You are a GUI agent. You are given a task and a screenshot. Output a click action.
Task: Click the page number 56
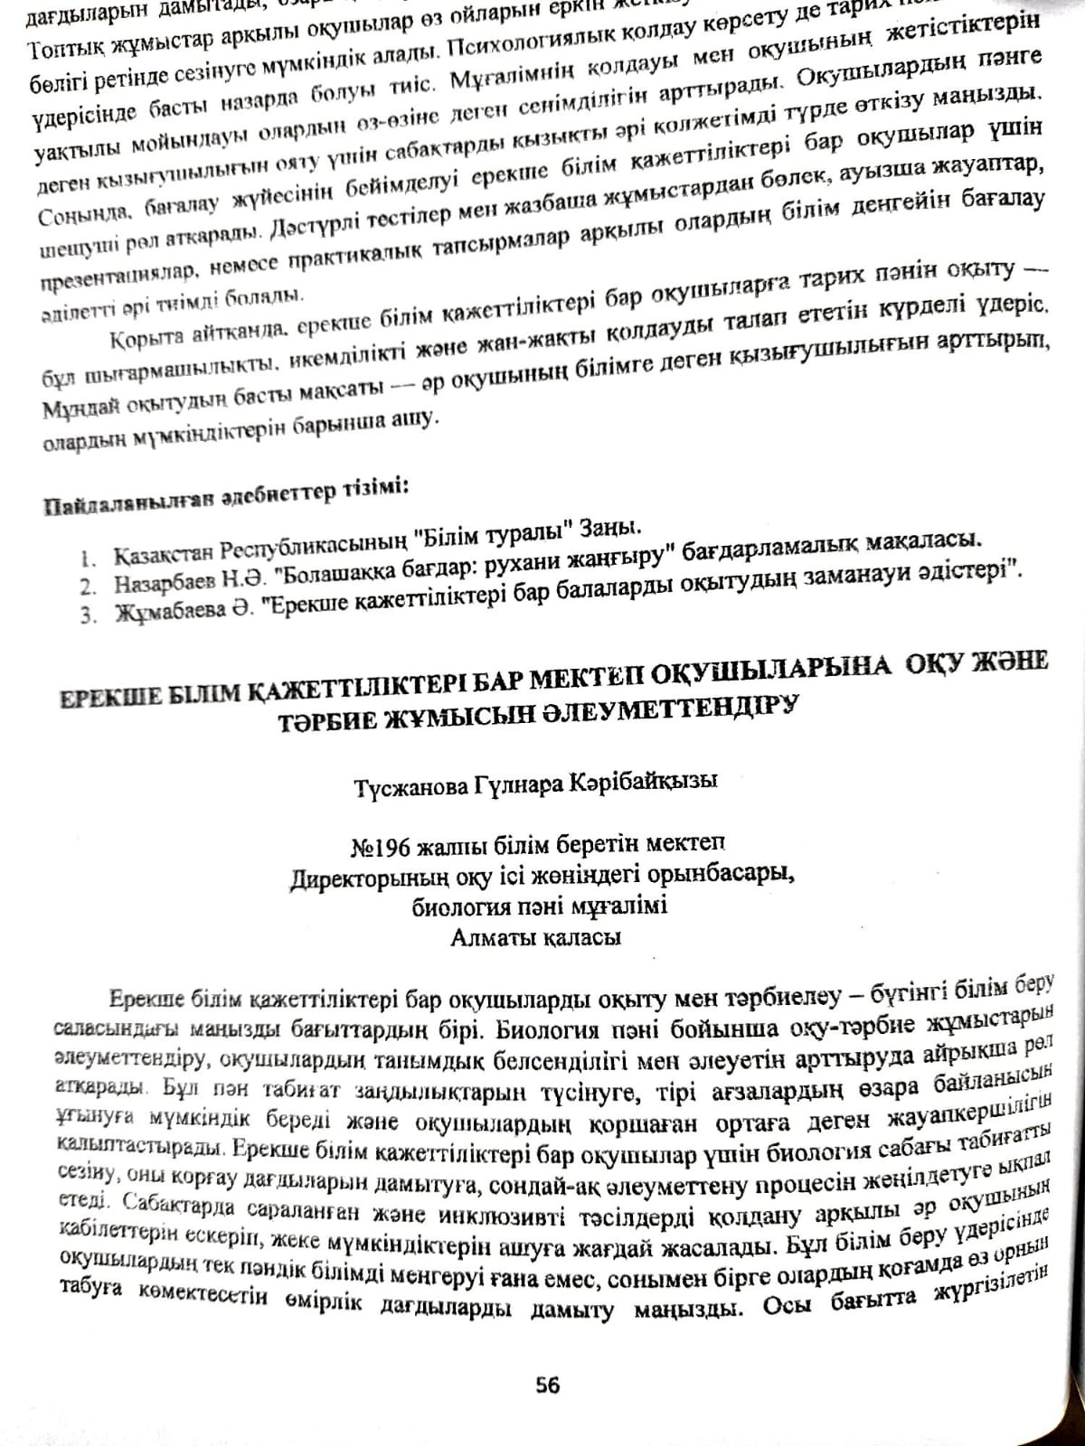tap(548, 1385)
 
